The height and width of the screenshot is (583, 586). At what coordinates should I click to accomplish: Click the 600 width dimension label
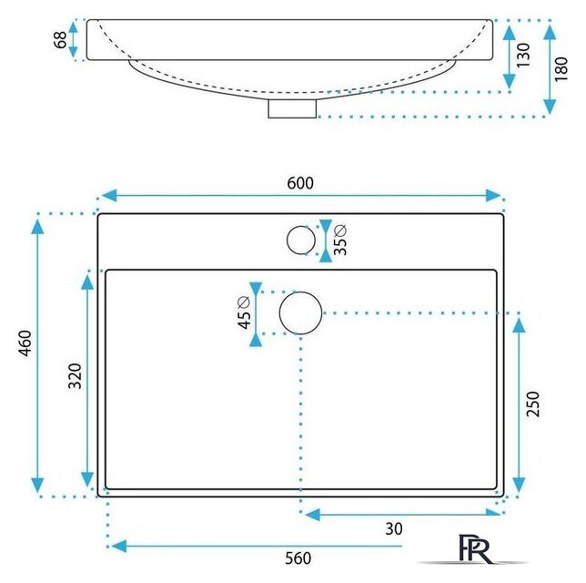click(x=300, y=183)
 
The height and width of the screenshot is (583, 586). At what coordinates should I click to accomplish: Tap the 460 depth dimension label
click(x=25, y=343)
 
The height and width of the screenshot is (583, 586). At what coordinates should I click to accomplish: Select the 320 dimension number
click(x=76, y=375)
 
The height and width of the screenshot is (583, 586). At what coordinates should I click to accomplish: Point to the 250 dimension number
click(x=533, y=404)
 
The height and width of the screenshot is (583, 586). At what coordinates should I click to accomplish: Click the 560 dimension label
click(x=298, y=558)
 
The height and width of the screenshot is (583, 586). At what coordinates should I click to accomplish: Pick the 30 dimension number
click(x=394, y=528)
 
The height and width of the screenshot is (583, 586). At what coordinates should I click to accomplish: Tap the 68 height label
click(x=61, y=40)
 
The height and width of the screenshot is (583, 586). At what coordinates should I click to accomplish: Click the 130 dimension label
click(x=523, y=55)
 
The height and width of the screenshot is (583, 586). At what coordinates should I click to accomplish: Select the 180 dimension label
click(x=561, y=69)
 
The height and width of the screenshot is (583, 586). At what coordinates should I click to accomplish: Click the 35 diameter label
click(x=340, y=240)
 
